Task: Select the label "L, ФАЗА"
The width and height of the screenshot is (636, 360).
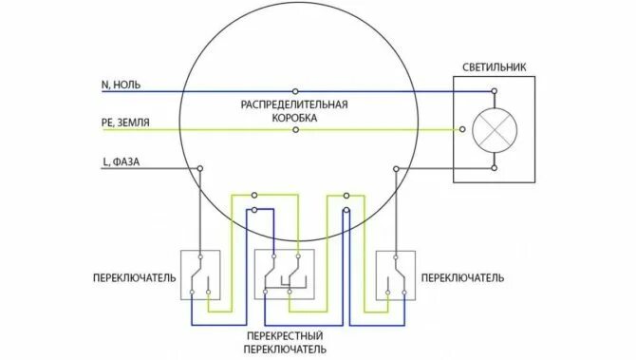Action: pyautogui.click(x=121, y=161)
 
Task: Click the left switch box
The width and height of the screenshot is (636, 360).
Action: pyautogui.click(x=200, y=275)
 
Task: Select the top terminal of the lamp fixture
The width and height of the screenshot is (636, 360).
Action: pyautogui.click(x=494, y=93)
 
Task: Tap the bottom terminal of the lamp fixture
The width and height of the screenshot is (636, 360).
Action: pyautogui.click(x=494, y=168)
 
